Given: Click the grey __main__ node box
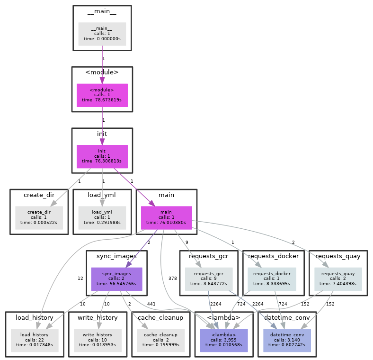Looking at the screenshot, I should coord(102,34).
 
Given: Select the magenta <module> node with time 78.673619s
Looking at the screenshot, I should coord(102,95).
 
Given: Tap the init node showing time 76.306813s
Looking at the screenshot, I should coord(102,156).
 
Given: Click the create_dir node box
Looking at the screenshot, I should coord(39,217).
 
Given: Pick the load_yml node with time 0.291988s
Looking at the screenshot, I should coord(102,217).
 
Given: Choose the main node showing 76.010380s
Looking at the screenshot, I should coord(166,217).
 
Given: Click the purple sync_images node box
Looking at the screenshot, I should coord(116,279).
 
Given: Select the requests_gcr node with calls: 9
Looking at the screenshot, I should coord(209,279).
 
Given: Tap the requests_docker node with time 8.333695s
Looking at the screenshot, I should coord(272,279).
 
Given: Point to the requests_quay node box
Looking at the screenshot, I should coord(338,279).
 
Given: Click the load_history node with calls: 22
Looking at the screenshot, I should coord(35,340).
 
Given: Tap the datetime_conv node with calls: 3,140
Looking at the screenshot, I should coord(287,340).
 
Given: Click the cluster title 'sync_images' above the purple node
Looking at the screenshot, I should coord(116,256).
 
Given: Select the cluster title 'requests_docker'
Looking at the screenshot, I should coord(273,256).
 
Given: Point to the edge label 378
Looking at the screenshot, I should coord(172,279).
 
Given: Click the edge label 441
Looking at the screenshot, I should coord(151,304).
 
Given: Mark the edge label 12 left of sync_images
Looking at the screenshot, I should coord(80,278).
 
